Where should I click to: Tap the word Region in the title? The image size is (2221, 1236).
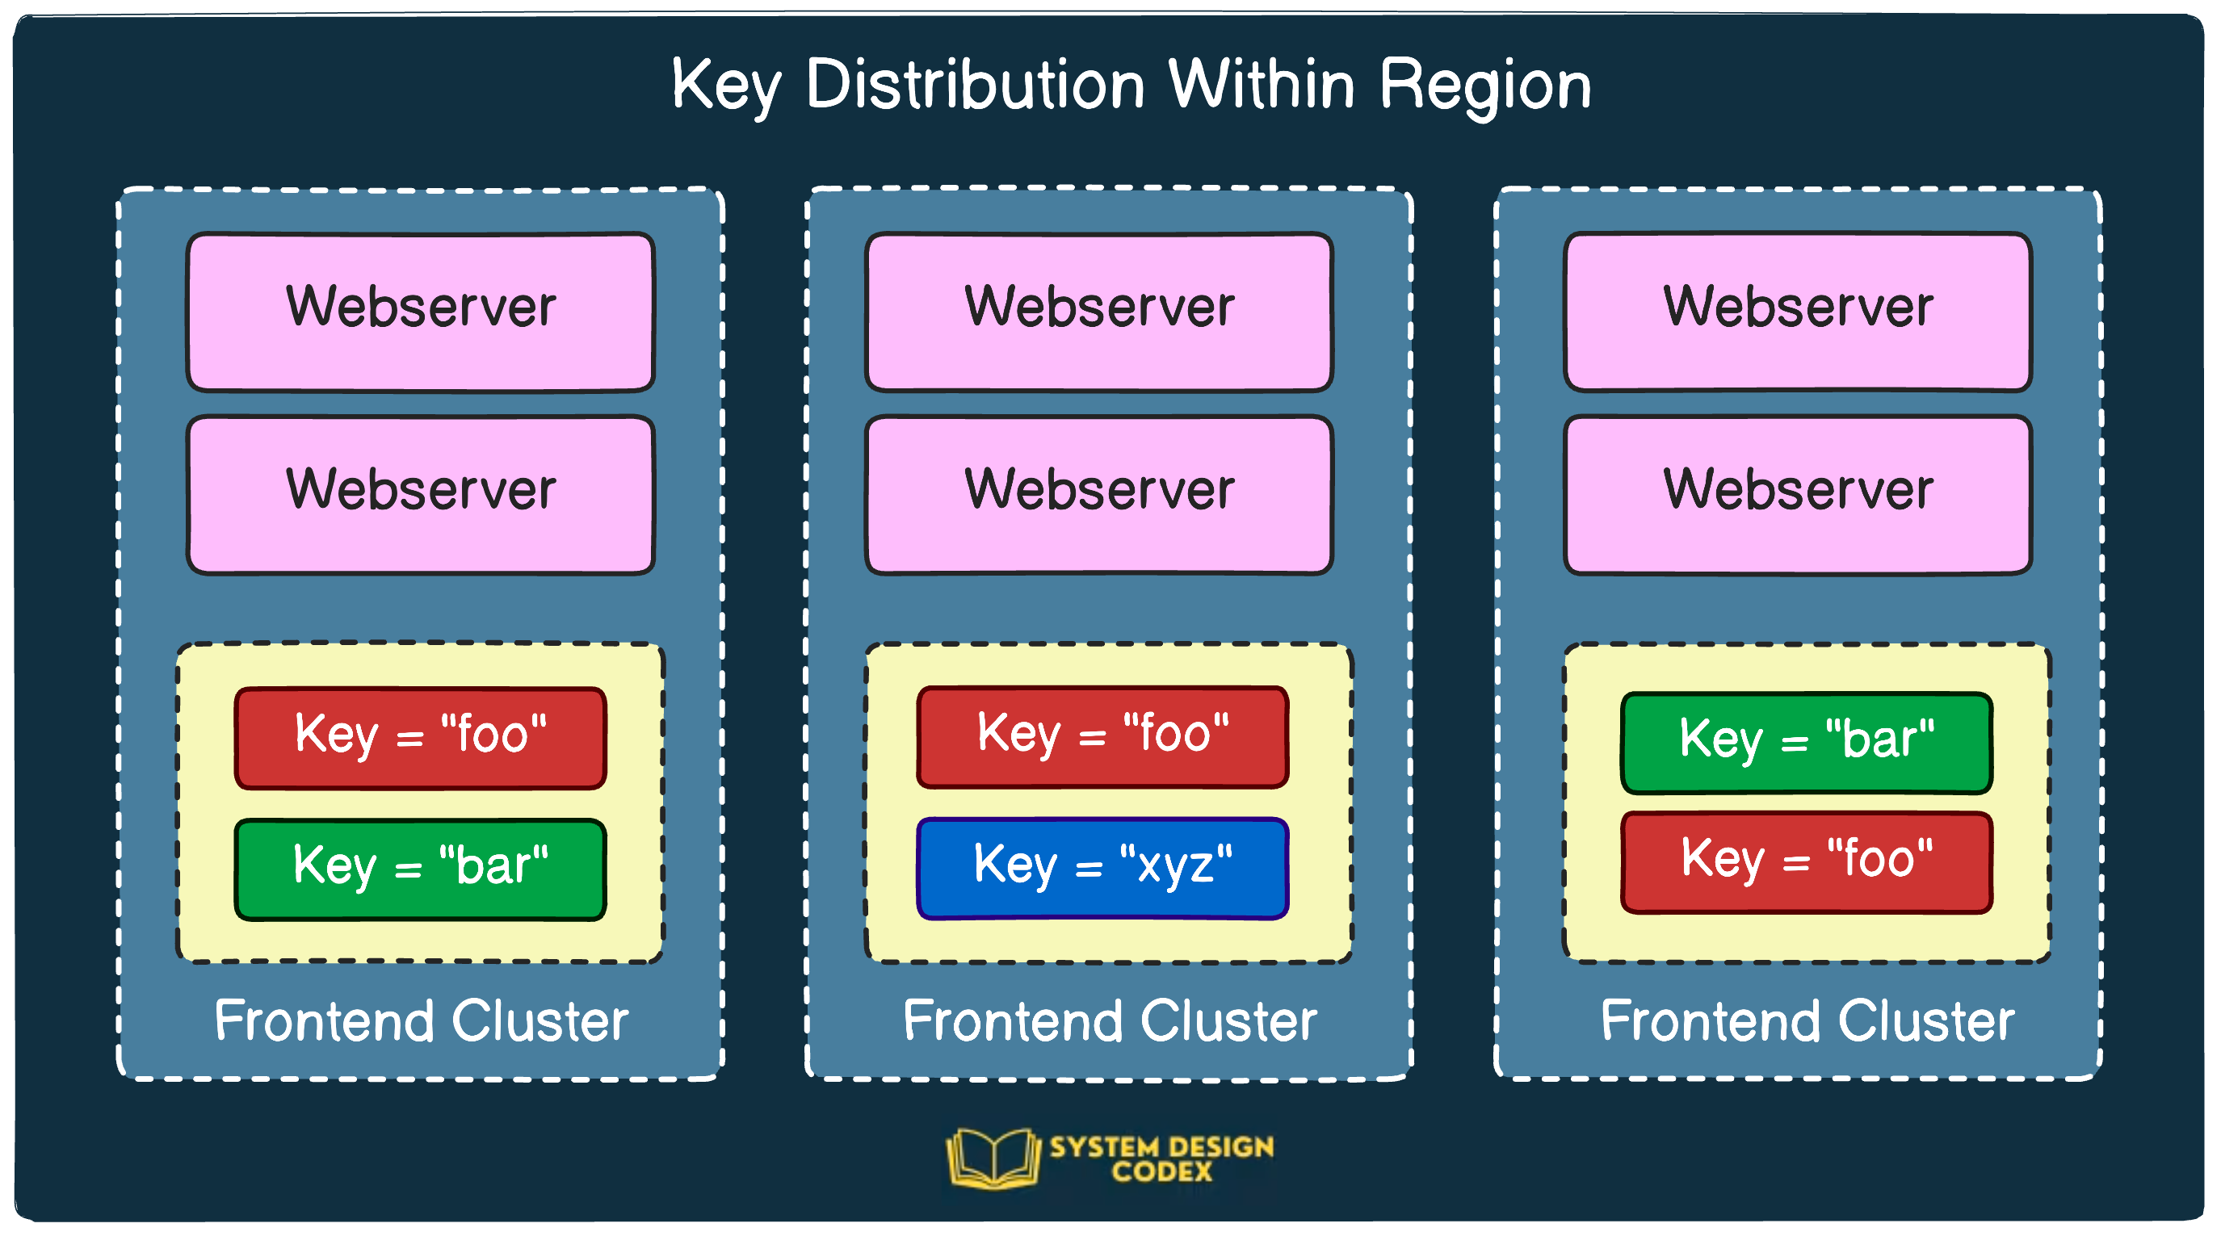[x=1484, y=86]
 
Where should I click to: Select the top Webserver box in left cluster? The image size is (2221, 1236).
[x=421, y=312]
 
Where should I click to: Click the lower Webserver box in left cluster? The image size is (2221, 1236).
[x=421, y=495]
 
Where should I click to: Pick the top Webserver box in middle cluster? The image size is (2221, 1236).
[x=1099, y=312]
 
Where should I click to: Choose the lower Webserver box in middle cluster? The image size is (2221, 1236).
[x=1099, y=495]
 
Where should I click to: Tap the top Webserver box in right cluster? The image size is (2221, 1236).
[x=1798, y=312]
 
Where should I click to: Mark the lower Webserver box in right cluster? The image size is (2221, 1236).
[x=1798, y=495]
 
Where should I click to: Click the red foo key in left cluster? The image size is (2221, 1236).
[x=421, y=737]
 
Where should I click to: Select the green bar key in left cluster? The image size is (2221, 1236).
[x=421, y=869]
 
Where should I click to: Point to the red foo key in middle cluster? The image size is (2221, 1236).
[x=1102, y=736]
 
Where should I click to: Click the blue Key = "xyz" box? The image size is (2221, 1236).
[x=1102, y=868]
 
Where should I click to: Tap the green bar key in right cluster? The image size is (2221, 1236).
[x=1807, y=742]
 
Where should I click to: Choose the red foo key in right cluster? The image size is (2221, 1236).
[x=1807, y=861]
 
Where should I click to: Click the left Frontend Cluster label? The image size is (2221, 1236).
[x=421, y=1021]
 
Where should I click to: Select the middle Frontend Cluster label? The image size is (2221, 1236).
[x=1110, y=1021]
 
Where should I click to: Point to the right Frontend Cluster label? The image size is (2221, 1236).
[x=1807, y=1021]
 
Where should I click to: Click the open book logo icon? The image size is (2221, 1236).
[x=993, y=1158]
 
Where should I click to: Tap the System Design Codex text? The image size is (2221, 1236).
[x=1161, y=1158]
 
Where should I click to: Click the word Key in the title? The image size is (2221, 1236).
[x=726, y=86]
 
